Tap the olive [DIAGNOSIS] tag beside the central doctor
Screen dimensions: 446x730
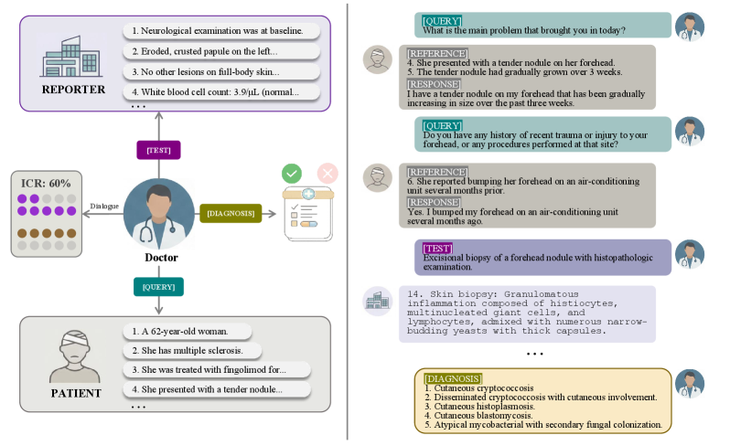[231, 212]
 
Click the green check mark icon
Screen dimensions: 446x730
[291, 174]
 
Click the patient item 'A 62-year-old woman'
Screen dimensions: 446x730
[179, 331]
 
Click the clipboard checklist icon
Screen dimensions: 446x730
[306, 216]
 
